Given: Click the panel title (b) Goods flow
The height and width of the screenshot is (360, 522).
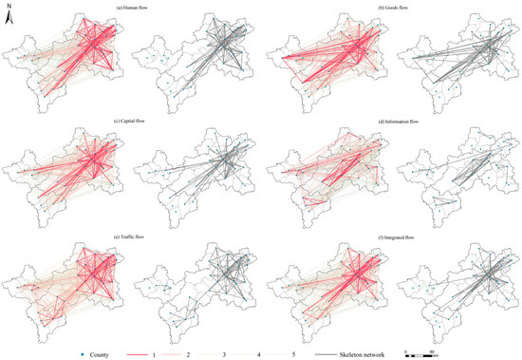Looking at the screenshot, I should click(x=387, y=7).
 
